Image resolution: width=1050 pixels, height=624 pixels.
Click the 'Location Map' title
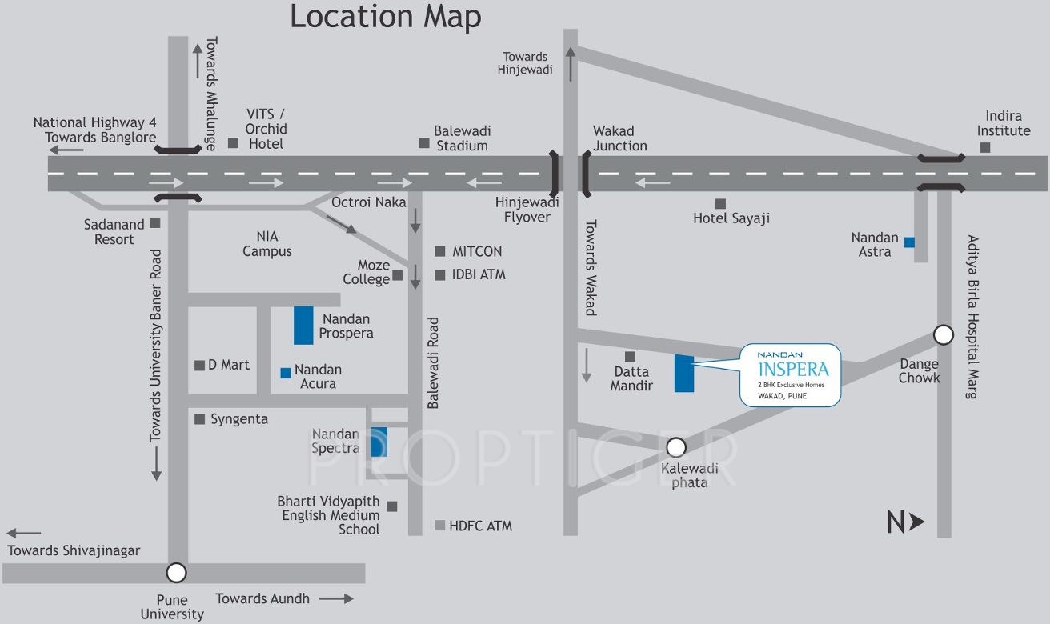(385, 17)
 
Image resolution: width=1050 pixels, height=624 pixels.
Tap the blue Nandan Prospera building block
(303, 325)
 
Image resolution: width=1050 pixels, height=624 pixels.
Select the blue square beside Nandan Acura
(286, 373)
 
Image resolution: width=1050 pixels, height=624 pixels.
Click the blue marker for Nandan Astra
(909, 242)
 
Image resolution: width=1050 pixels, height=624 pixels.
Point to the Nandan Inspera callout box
(791, 374)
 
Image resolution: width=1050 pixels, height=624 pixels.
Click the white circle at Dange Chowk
(943, 335)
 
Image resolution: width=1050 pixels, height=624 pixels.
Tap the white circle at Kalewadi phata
(676, 447)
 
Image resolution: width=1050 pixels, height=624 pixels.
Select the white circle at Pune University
(176, 573)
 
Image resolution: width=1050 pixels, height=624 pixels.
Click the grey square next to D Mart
(199, 366)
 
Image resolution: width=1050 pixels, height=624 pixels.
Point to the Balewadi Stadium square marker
(423, 143)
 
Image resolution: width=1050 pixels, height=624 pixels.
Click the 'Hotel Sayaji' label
(731, 218)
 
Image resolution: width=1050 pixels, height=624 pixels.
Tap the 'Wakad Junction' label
(619, 138)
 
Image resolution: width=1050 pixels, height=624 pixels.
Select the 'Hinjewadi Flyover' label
(527, 210)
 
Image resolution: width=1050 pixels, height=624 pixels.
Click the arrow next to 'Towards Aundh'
(336, 598)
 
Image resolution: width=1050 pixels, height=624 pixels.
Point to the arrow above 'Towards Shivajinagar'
(24, 533)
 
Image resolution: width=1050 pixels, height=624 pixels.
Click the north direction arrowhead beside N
(917, 522)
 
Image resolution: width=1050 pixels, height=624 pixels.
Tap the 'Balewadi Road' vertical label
(433, 363)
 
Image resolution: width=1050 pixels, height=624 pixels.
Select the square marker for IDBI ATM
(439, 275)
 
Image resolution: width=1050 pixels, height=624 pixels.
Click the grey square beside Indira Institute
(985, 147)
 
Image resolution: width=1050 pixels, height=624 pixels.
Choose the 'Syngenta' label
(239, 419)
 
